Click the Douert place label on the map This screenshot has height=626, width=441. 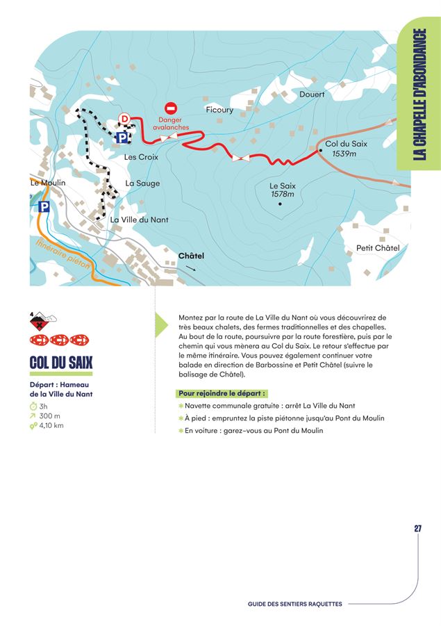312,94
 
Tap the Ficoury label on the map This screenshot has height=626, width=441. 219,110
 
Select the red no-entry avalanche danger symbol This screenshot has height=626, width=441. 171,109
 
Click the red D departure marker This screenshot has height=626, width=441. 125,119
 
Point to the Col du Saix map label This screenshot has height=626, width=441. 346,144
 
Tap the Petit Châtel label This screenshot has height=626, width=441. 378,248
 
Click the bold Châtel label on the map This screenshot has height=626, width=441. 192,256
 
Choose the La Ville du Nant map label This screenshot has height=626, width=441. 140,220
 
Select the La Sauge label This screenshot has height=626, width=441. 142,183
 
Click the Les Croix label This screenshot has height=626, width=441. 141,157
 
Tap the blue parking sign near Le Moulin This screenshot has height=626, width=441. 44,207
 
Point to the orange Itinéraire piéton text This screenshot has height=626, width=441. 63,257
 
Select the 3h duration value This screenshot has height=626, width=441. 44,406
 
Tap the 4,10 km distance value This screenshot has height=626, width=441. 51,425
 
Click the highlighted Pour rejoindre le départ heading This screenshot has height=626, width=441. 222,393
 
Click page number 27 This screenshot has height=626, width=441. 418,529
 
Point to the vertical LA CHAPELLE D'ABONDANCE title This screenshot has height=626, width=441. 419,94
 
